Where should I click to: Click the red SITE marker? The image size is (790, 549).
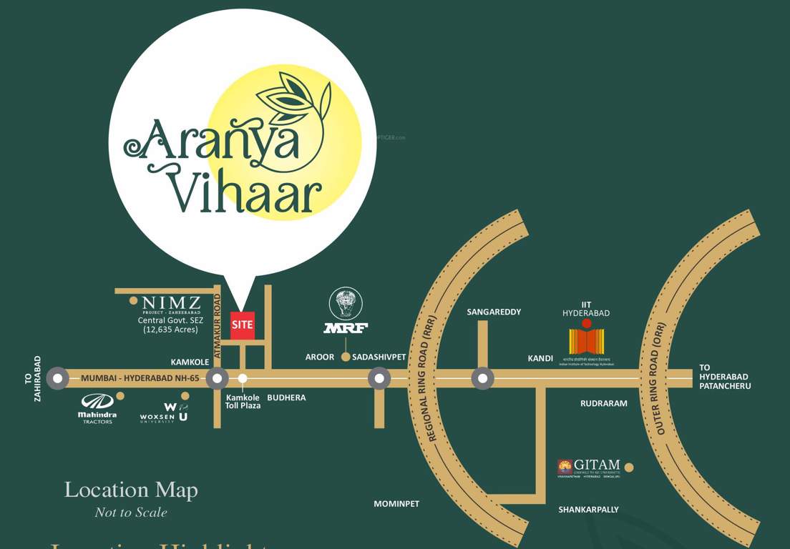(243, 325)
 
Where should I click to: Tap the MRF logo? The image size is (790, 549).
(346, 312)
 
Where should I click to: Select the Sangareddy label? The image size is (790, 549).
(494, 312)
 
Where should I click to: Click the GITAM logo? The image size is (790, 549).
(589, 468)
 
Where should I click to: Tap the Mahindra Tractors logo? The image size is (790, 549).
(97, 408)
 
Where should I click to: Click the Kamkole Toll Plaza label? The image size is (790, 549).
(243, 402)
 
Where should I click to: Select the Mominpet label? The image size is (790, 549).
(396, 504)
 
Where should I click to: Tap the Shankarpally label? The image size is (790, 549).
(588, 510)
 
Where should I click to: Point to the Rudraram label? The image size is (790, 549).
(603, 403)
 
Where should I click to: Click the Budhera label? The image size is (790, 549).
(286, 397)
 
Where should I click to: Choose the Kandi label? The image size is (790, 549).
(540, 358)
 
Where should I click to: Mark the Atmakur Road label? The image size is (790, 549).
(217, 320)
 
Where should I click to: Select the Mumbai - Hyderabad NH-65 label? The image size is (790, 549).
(140, 377)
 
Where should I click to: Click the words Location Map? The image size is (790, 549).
(131, 490)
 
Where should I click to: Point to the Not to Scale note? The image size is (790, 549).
(131, 513)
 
